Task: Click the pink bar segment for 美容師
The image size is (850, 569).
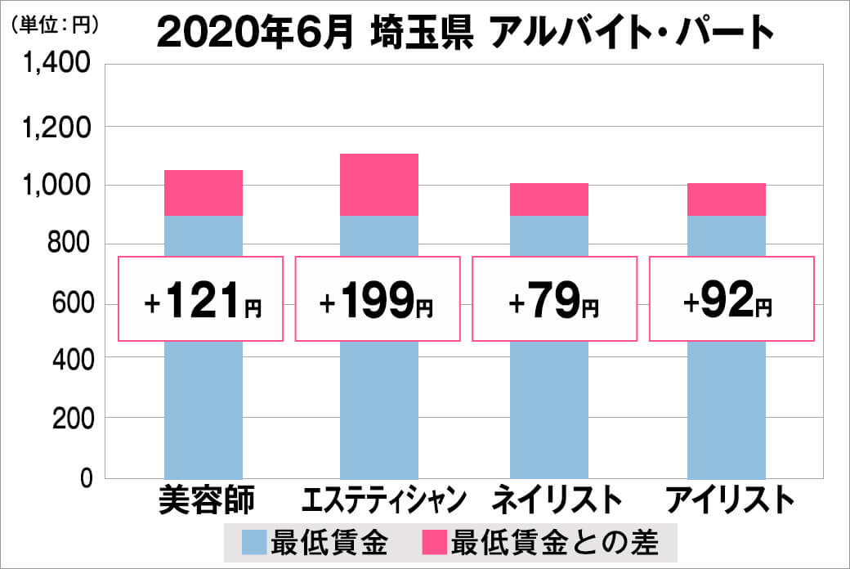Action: (204, 193)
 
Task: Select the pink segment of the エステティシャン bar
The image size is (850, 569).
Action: (378, 185)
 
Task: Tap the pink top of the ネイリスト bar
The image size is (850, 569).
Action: (549, 199)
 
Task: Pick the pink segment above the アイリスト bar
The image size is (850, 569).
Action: (727, 199)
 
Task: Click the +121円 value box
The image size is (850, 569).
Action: (202, 299)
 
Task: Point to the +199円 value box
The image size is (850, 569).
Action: (378, 299)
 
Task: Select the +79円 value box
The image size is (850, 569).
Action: (554, 299)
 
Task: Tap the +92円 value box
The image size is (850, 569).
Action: (731, 299)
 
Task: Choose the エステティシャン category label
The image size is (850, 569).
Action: (383, 500)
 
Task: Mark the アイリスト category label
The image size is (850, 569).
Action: (729, 500)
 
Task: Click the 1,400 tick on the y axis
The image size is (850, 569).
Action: (62, 68)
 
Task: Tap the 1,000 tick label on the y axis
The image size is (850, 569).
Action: (62, 186)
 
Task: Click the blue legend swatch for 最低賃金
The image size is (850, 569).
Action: (254, 542)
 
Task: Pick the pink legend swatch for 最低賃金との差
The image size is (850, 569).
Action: (434, 542)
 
